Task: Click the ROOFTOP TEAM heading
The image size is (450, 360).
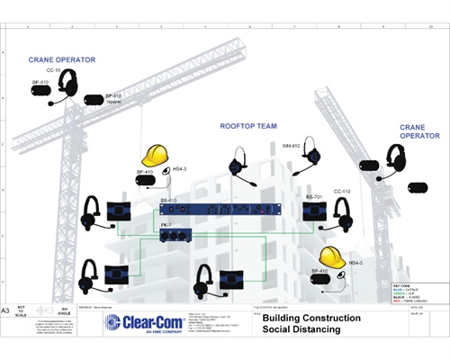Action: click(x=247, y=126)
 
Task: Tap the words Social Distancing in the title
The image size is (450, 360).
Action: click(x=301, y=330)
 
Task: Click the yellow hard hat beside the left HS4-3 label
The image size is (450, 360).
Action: click(x=156, y=155)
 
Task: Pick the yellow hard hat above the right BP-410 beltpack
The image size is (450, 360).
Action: click(x=332, y=256)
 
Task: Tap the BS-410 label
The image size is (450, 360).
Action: click(x=168, y=200)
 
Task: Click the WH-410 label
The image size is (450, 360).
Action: click(x=291, y=146)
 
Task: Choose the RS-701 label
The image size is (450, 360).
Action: click(x=313, y=196)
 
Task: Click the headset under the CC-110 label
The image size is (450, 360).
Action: click(x=341, y=214)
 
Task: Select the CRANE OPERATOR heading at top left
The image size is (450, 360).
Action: click(x=62, y=59)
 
